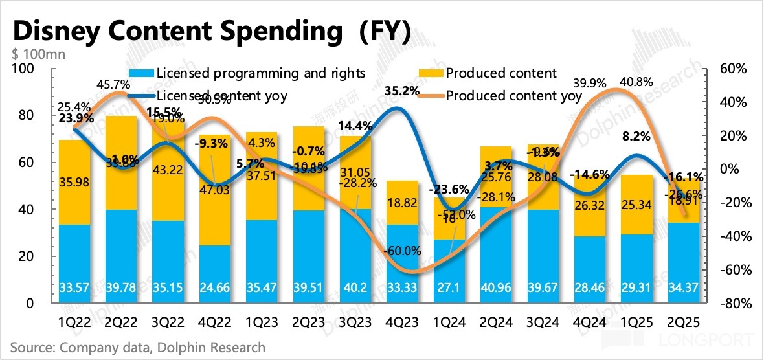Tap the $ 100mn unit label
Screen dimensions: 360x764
38,54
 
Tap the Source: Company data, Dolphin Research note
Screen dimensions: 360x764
137,348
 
